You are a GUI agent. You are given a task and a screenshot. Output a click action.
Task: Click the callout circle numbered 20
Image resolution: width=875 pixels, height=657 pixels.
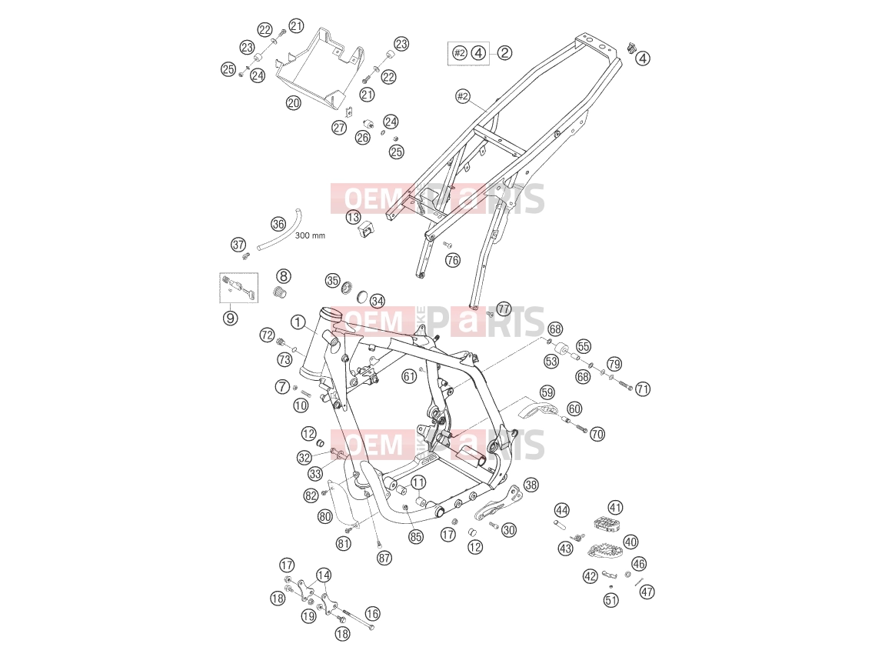click(x=294, y=103)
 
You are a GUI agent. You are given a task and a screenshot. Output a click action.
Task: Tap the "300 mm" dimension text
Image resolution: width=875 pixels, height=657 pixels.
click(x=310, y=235)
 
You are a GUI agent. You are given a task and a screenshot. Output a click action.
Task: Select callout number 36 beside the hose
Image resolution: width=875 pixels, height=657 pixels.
click(x=278, y=225)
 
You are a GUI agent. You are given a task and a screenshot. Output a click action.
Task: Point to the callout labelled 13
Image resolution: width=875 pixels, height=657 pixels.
click(x=353, y=217)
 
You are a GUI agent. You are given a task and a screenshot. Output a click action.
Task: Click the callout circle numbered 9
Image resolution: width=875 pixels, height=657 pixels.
click(x=230, y=318)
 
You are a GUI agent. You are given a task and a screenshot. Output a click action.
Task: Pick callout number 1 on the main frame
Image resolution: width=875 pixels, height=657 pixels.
click(x=298, y=322)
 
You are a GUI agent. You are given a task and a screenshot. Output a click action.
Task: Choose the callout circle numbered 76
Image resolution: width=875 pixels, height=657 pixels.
click(x=453, y=260)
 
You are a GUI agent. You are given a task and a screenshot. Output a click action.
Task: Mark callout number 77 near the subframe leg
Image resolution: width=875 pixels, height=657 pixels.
click(x=504, y=308)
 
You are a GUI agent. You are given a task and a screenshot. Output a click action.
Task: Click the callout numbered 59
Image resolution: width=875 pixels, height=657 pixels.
click(x=547, y=392)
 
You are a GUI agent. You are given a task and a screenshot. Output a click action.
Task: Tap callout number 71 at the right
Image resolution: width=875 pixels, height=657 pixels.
click(x=643, y=389)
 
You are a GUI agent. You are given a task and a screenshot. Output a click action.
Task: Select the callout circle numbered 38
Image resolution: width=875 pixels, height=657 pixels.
click(x=531, y=485)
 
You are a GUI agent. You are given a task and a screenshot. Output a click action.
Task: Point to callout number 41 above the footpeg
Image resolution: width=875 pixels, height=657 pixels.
click(x=615, y=508)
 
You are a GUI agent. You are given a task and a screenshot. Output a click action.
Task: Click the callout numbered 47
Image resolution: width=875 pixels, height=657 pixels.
click(x=647, y=592)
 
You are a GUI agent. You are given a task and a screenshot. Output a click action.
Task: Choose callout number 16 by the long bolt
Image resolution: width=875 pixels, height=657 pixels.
click(x=373, y=614)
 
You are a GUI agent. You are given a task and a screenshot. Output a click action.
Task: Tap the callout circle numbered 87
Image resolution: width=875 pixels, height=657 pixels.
click(x=384, y=558)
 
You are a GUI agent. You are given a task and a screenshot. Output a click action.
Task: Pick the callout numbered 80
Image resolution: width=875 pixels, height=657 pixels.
click(x=325, y=517)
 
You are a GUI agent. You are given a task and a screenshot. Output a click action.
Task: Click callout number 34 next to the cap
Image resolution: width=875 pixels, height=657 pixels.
click(x=378, y=302)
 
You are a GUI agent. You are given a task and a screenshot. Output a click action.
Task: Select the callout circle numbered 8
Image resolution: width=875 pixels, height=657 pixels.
click(x=284, y=275)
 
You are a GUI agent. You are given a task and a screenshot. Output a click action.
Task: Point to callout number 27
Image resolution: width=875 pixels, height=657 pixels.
click(x=339, y=127)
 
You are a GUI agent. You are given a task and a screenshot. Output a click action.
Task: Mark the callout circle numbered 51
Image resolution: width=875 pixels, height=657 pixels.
click(x=611, y=601)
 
